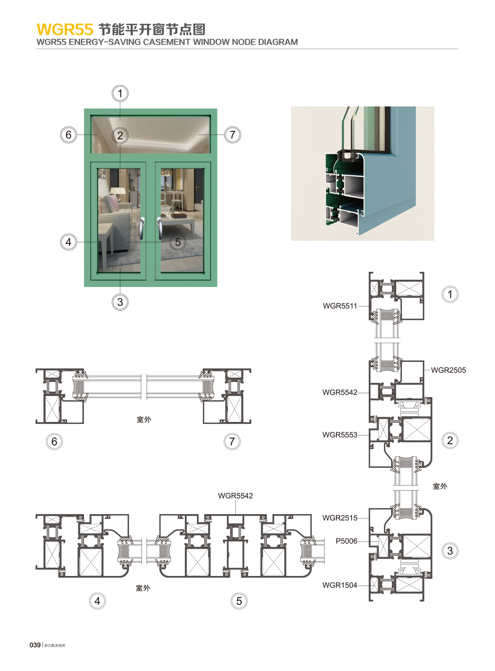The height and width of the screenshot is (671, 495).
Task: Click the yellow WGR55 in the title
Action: click(65, 30)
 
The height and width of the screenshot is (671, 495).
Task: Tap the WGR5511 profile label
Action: click(340, 306)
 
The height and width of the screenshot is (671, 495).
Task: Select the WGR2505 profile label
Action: click(448, 370)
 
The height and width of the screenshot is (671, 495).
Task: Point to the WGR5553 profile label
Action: click(340, 435)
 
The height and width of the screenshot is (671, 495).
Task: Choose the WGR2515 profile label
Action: click(340, 518)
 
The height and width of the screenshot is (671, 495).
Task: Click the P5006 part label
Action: click(346, 541)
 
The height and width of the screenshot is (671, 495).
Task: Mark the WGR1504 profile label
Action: click(340, 586)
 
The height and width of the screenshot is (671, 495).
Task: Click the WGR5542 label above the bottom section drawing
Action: click(235, 496)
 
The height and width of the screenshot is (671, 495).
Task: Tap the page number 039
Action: click(35, 645)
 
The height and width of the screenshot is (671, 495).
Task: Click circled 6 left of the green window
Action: click(68, 135)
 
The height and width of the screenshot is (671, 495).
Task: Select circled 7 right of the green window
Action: click(233, 135)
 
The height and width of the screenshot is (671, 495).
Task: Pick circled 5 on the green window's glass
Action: click(178, 242)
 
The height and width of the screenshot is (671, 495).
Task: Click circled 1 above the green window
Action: click(120, 94)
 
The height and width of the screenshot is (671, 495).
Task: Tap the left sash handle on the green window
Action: click(142, 228)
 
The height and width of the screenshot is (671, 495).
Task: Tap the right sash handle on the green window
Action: click(159, 228)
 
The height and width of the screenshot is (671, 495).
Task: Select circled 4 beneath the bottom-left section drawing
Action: click(97, 601)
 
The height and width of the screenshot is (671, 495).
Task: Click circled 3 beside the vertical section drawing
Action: click(450, 551)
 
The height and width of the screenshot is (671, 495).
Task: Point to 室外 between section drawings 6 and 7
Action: click(144, 420)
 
